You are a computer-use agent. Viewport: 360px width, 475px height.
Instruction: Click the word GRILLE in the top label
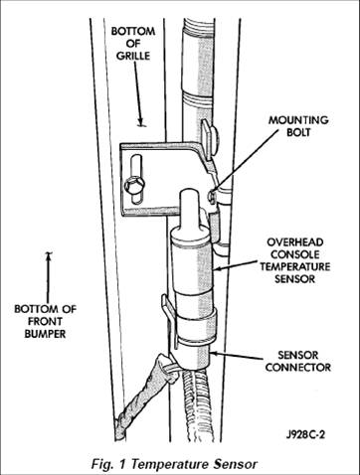(x=133, y=56)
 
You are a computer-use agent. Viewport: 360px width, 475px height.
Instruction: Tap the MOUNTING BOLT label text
(x=298, y=126)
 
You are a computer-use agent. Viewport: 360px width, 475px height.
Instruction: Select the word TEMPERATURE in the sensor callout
(x=294, y=266)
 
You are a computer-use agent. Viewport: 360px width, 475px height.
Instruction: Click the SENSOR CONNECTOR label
(x=298, y=361)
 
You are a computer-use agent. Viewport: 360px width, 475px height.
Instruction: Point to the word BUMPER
(x=45, y=334)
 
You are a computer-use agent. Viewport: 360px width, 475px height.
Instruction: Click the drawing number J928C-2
(x=305, y=434)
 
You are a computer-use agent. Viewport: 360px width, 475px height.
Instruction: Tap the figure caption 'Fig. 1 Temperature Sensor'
(x=174, y=464)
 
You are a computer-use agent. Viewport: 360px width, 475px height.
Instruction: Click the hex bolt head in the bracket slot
(x=134, y=184)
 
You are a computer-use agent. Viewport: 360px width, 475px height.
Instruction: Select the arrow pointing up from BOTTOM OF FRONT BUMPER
(x=49, y=277)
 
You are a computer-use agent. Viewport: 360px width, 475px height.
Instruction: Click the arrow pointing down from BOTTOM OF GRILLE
(x=138, y=93)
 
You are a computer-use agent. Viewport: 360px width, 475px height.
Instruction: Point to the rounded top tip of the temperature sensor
(x=189, y=193)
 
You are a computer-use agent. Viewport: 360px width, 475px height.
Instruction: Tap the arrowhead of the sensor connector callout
(x=214, y=354)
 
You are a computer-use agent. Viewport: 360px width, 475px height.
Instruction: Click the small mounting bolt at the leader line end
(x=211, y=196)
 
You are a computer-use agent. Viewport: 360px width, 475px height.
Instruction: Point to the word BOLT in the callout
(x=298, y=132)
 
